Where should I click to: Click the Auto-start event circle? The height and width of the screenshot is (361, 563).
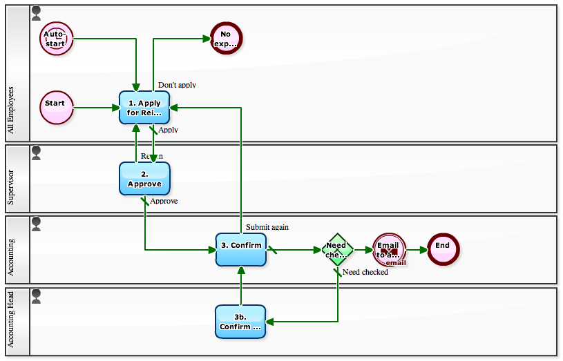[56, 39]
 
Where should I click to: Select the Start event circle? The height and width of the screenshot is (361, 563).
[56, 107]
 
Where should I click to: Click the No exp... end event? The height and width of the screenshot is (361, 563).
[225, 39]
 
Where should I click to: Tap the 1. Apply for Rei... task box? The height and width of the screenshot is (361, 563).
[144, 108]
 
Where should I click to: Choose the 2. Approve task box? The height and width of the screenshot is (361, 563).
[144, 179]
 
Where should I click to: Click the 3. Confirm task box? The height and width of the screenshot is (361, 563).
[240, 249]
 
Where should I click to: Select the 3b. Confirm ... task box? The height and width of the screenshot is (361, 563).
[240, 322]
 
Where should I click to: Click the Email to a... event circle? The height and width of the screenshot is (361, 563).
[390, 249]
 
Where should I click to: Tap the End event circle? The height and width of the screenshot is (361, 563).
[443, 248]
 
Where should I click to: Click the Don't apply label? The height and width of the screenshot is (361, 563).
[177, 85]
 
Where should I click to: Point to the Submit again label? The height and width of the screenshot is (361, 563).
[267, 227]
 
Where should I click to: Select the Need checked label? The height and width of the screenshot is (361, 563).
[365, 272]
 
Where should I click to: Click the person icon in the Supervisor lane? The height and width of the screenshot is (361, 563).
[37, 152]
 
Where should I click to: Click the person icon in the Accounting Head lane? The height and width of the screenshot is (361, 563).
[37, 295]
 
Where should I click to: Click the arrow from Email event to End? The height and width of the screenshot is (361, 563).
[417, 250]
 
